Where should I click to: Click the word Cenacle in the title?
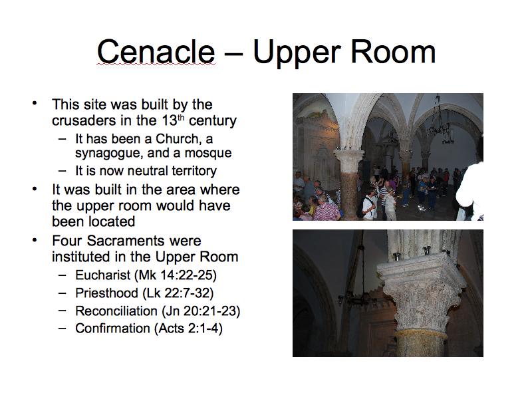click(156, 52)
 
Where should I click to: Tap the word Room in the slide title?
click(393, 52)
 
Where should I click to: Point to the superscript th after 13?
click(181, 118)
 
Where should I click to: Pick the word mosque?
click(208, 154)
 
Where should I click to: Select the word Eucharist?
click(103, 275)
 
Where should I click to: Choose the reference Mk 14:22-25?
click(176, 275)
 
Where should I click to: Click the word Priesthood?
click(106, 293)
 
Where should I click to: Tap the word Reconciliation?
click(116, 311)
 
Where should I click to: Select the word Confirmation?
click(112, 329)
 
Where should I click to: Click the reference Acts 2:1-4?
click(188, 329)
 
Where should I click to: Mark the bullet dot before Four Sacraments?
click(35, 240)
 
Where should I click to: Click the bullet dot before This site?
click(35, 103)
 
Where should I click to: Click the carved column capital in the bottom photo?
click(422, 292)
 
